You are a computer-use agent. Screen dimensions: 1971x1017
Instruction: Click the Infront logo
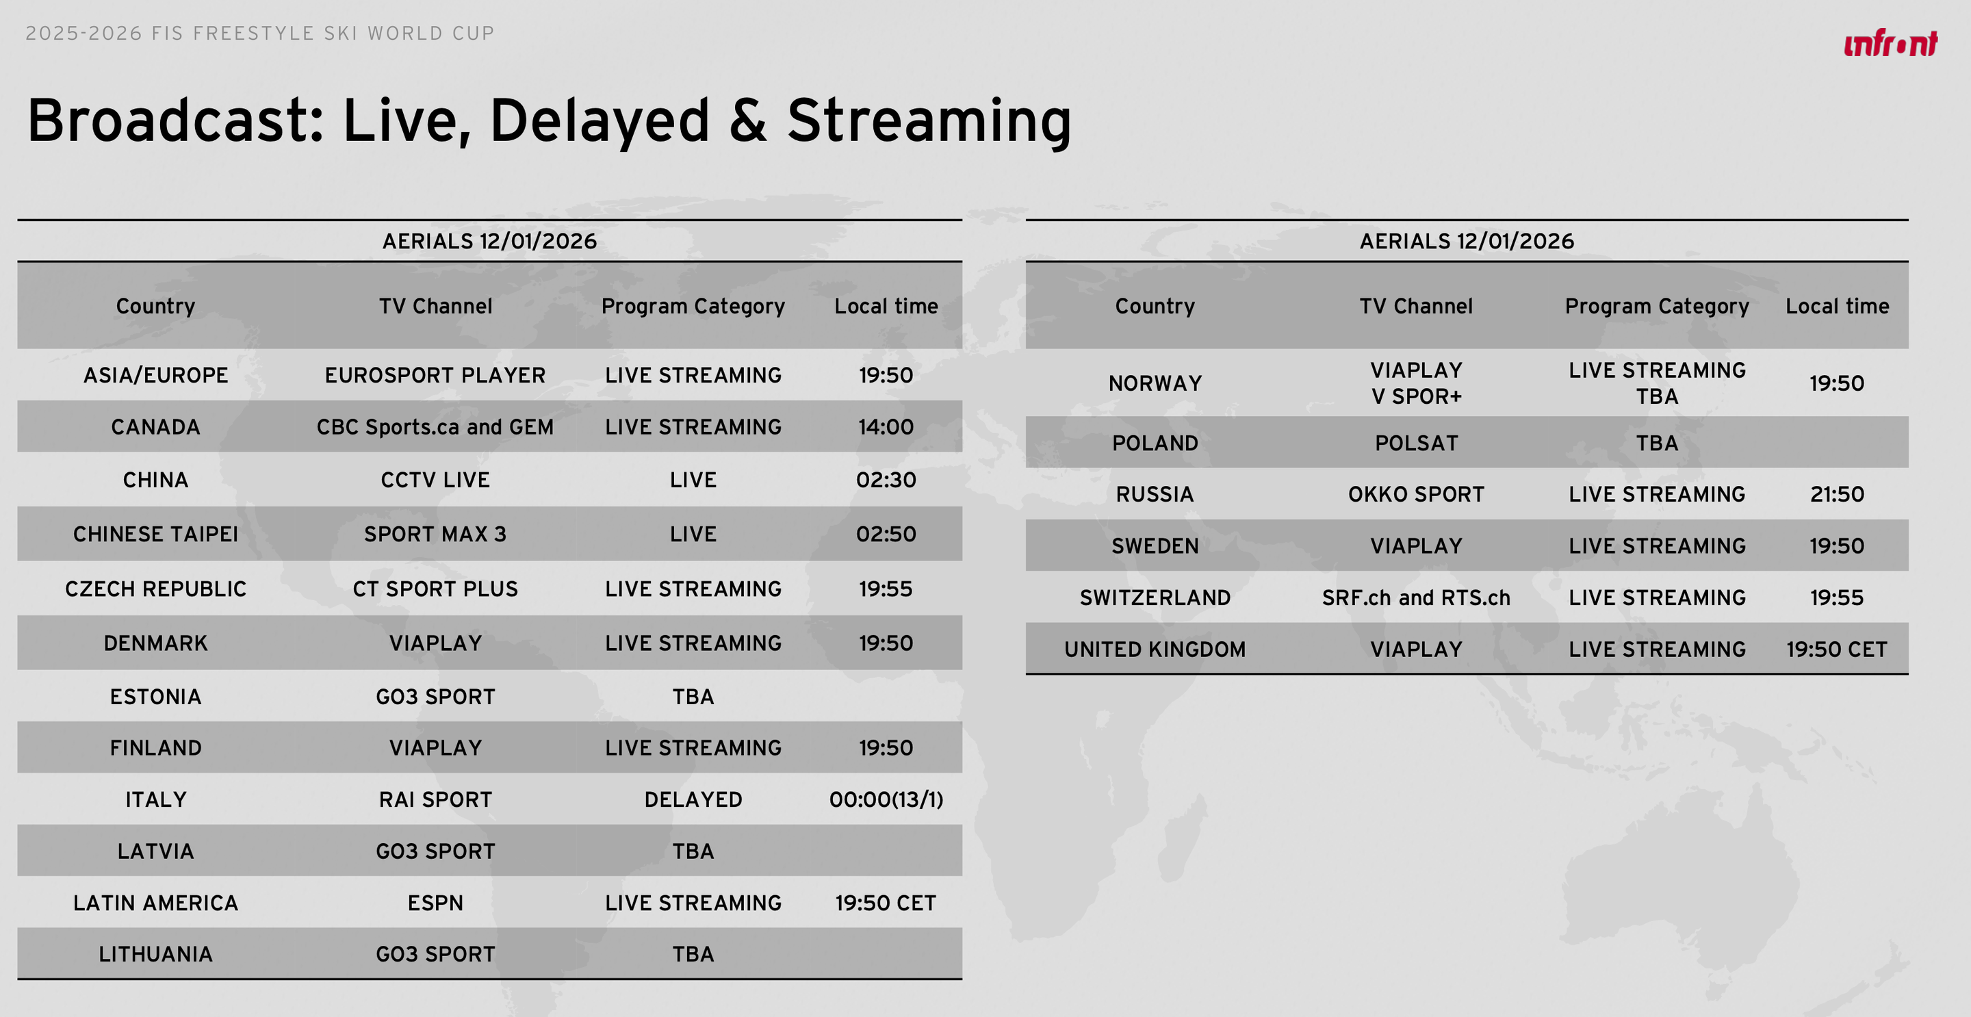click(x=1891, y=44)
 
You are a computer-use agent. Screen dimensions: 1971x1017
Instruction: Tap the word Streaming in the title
click(x=929, y=121)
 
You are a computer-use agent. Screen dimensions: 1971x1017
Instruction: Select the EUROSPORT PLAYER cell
click(x=435, y=375)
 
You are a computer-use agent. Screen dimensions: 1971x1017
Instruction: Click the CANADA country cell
click(x=155, y=427)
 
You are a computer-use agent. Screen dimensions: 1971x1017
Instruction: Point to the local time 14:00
click(x=886, y=427)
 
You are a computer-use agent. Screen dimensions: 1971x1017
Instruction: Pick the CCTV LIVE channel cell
click(x=435, y=480)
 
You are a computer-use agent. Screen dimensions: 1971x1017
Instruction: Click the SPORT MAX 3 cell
click(x=435, y=534)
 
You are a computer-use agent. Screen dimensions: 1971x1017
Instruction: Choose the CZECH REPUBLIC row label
click(x=155, y=589)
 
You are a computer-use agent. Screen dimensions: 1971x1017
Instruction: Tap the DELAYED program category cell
click(x=693, y=799)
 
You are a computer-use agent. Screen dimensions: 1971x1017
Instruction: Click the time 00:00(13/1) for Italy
click(x=886, y=799)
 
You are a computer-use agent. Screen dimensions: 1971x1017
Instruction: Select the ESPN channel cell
click(x=435, y=903)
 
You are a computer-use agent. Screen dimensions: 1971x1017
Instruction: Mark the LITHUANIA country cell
click(x=155, y=954)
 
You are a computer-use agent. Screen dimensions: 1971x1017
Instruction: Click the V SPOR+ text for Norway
click(x=1416, y=396)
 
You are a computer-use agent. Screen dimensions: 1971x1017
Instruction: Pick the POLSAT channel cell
click(x=1416, y=443)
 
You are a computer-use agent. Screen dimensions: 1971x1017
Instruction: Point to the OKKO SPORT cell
click(x=1416, y=494)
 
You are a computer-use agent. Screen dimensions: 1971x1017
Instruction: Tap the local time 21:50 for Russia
click(x=1837, y=494)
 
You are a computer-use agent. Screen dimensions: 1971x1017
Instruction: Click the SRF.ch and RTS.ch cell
click(x=1416, y=597)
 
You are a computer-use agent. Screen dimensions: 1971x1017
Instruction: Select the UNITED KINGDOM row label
click(x=1155, y=649)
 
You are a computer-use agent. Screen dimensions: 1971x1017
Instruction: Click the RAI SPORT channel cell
click(x=435, y=799)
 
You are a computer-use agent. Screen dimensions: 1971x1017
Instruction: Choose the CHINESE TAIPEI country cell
click(x=155, y=534)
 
